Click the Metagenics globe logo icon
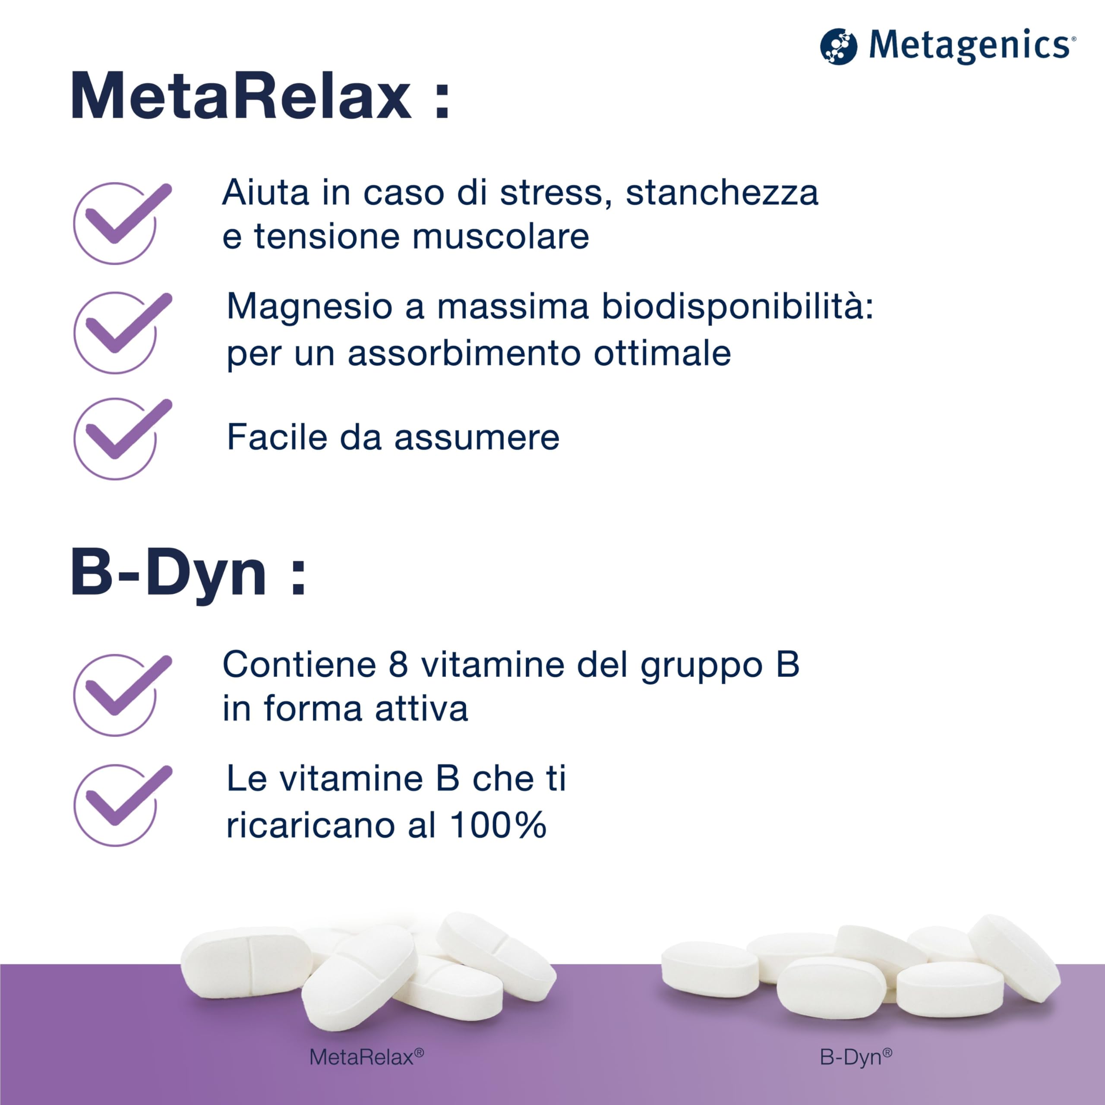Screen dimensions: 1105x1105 pos(839,46)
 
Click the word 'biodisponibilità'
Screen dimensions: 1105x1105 pos(738,306)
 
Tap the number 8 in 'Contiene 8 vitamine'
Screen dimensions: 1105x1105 pos(398,665)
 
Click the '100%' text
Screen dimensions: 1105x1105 pos(498,825)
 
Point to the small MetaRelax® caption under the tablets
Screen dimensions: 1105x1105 pos(366,1057)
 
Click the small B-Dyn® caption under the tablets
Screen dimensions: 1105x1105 pos(856,1057)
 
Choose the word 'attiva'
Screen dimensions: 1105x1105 pos(422,709)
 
